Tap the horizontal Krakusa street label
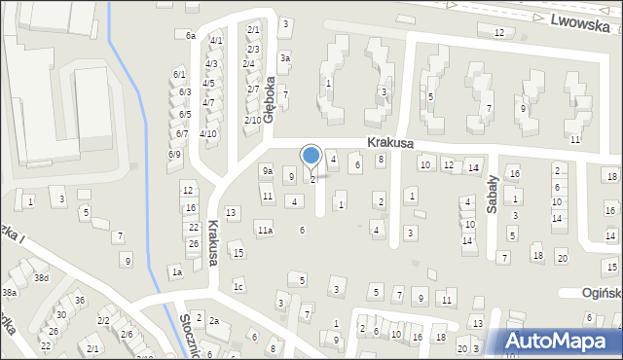(x=390, y=142)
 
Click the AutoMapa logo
(x=562, y=341)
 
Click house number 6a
(x=191, y=35)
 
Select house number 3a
(x=285, y=58)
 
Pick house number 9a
(x=267, y=171)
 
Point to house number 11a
(x=265, y=231)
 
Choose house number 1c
(x=238, y=286)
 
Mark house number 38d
(x=41, y=278)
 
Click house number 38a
(x=10, y=292)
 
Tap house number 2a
(x=214, y=320)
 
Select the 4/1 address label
(x=216, y=41)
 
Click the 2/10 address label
(x=252, y=120)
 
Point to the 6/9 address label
(x=174, y=154)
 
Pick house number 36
(x=80, y=300)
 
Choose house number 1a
(x=177, y=272)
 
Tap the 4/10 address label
(x=207, y=133)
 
